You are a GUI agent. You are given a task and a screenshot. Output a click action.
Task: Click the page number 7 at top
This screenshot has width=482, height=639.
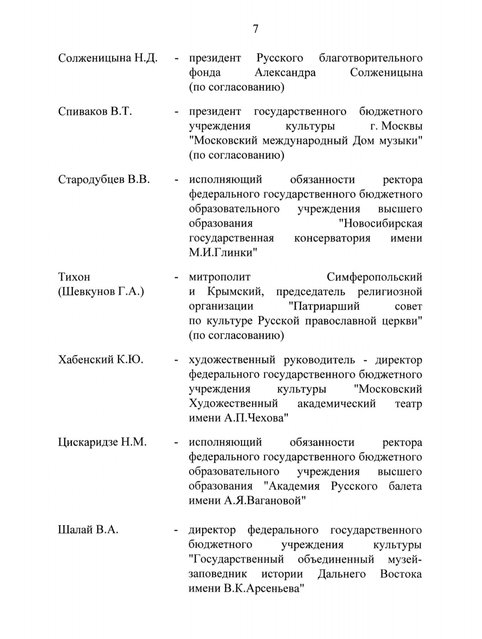256,29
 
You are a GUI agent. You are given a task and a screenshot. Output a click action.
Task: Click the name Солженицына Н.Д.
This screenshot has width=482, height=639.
108,58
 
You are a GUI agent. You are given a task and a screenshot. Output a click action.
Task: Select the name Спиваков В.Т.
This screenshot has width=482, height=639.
95,112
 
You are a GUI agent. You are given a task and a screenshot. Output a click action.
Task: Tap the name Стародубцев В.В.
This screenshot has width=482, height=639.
104,179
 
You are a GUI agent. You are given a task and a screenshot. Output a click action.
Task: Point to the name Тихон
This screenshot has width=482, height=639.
74,277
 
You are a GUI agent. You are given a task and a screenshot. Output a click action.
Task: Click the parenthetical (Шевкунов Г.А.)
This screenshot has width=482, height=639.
101,292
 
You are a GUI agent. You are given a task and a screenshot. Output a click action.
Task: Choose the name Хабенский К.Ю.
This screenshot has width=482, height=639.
101,360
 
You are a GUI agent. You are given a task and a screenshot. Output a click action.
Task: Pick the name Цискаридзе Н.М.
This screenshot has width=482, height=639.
102,442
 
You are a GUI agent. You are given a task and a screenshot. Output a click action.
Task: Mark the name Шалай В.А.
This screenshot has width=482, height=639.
88,530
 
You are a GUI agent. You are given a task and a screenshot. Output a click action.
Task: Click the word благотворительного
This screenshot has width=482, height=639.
371,58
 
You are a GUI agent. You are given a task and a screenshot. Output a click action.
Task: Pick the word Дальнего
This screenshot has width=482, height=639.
342,574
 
